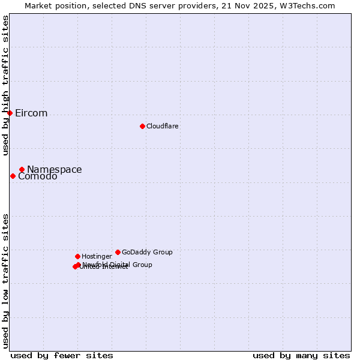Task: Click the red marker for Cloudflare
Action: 142,126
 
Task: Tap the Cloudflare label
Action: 162,126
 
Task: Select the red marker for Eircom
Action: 10,113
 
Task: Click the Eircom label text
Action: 31,113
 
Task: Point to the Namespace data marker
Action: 22,169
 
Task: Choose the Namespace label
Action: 54,170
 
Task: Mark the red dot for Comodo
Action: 13,176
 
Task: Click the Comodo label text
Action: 37,176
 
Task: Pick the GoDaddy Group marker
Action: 118,252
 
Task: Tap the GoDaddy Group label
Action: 147,252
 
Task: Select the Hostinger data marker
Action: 77,256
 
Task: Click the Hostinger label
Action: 97,256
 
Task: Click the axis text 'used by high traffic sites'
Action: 6,85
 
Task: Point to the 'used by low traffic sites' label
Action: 6,280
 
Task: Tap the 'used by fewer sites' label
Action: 62,355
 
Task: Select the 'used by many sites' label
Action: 301,355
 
